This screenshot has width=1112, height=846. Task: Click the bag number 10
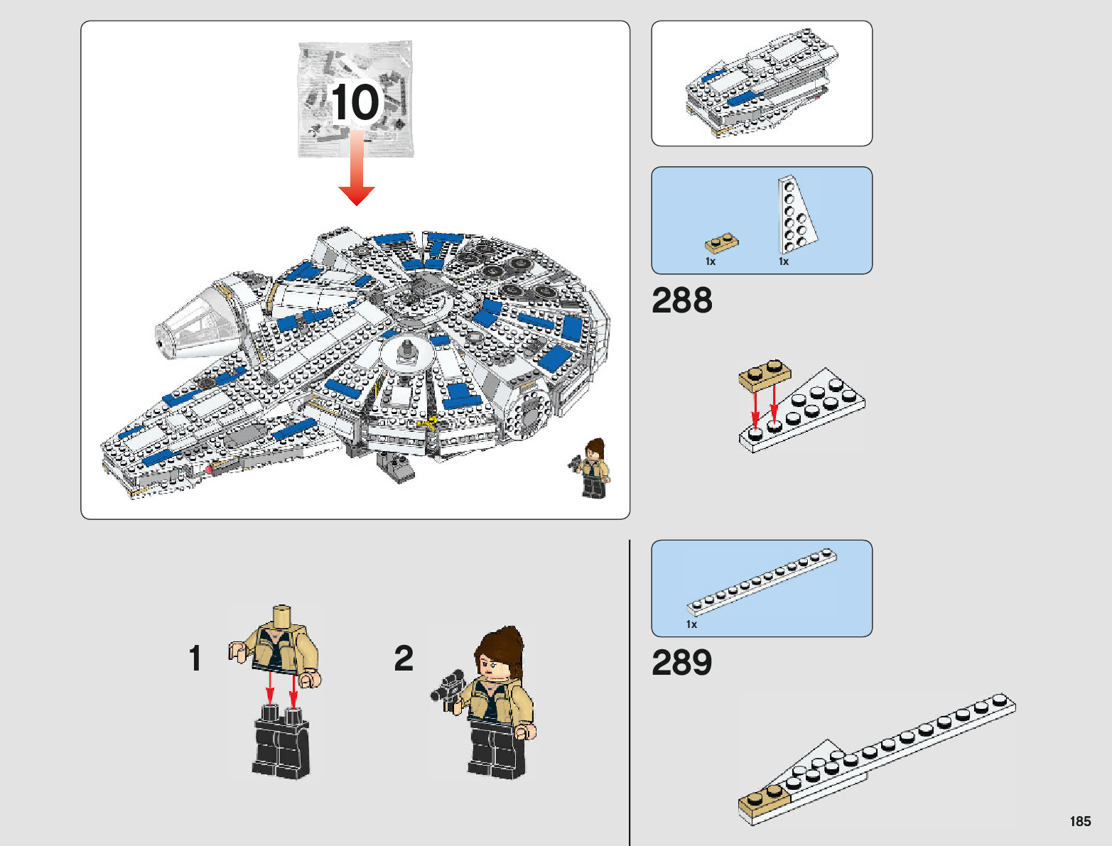355,102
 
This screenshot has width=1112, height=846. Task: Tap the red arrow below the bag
357,170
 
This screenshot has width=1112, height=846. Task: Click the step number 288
681,300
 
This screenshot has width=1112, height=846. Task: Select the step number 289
681,663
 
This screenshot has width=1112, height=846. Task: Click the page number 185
1079,821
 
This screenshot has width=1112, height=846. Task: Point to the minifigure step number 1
195,658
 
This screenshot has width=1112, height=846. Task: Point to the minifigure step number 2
404,658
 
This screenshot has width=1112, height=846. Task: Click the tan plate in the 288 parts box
721,243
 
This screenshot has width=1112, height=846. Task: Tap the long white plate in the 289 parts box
762,580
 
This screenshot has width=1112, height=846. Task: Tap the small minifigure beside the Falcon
593,468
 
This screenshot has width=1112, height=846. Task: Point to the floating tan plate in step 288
764,375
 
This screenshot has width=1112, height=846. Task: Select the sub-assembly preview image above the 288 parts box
762,84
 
